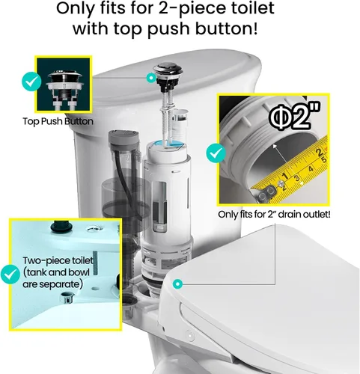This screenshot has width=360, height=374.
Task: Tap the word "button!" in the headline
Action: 226,28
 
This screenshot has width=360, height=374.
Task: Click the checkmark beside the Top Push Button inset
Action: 31,82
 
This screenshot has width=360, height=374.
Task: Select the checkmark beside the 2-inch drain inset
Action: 216,153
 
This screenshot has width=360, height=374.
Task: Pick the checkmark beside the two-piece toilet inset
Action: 10,275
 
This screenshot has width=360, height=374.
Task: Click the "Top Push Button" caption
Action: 58,121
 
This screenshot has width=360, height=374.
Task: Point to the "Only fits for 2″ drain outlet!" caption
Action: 274,214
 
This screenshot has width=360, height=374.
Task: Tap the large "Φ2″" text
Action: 295,116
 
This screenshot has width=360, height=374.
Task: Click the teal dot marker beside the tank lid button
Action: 150,78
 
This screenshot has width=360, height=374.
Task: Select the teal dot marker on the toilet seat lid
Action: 177,283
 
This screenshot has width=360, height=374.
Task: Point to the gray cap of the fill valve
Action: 123,138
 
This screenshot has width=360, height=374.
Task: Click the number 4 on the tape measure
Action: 311,169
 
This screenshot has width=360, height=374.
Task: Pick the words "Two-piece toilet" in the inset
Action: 58,260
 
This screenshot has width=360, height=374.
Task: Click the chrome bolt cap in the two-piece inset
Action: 67,298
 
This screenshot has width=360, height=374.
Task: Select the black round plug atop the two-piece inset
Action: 61,226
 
